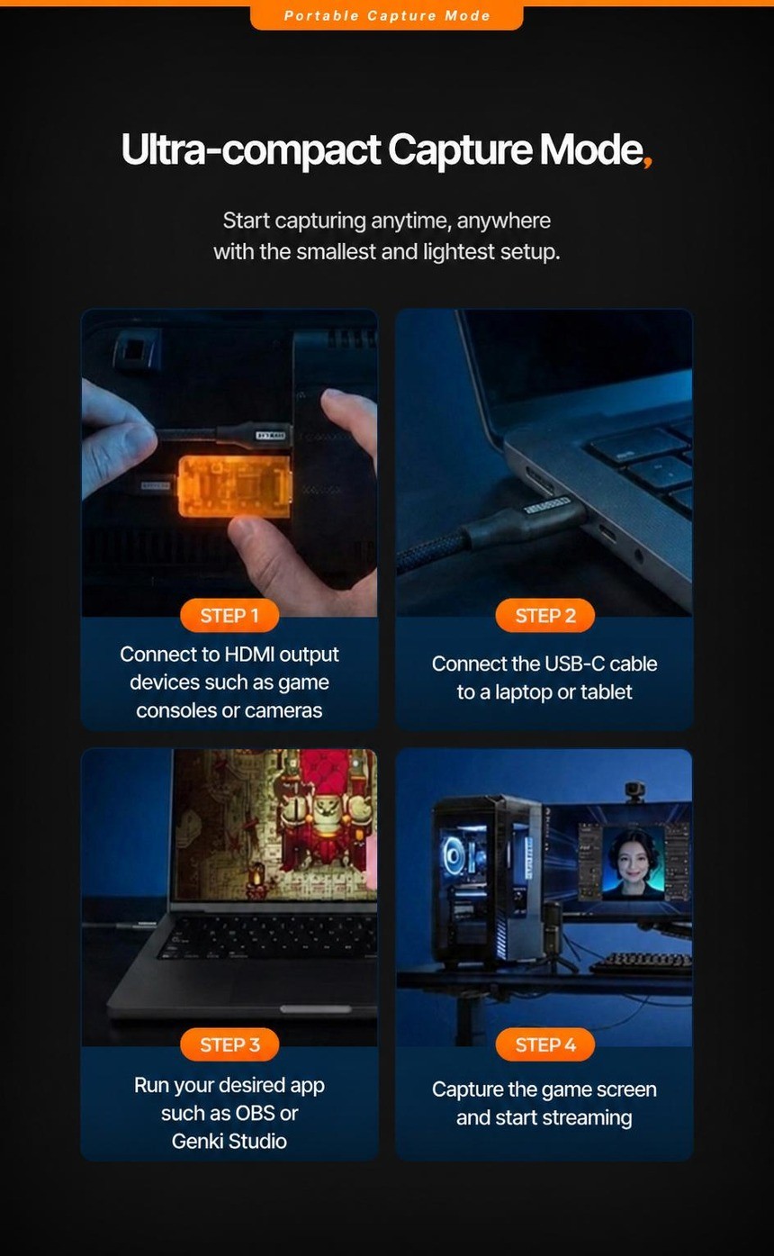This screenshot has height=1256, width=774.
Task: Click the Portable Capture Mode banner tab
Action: pos(387,15)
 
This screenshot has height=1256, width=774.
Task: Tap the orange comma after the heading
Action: pos(647,161)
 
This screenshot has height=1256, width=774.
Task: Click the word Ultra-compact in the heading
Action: pos(250,149)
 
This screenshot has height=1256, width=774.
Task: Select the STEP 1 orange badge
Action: pos(229,615)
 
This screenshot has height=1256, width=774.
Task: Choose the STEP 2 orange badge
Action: pos(544,615)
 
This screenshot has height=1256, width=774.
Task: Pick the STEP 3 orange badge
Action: pos(229,1044)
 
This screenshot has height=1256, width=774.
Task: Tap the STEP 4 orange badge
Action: pos(544,1044)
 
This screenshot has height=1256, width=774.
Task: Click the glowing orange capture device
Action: pos(234,485)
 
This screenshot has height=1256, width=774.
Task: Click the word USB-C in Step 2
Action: pos(574,664)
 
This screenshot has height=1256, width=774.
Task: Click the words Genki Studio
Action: pos(229,1141)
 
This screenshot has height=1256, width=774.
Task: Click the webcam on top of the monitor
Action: pos(634,791)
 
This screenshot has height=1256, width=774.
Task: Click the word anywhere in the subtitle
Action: pos(503,221)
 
